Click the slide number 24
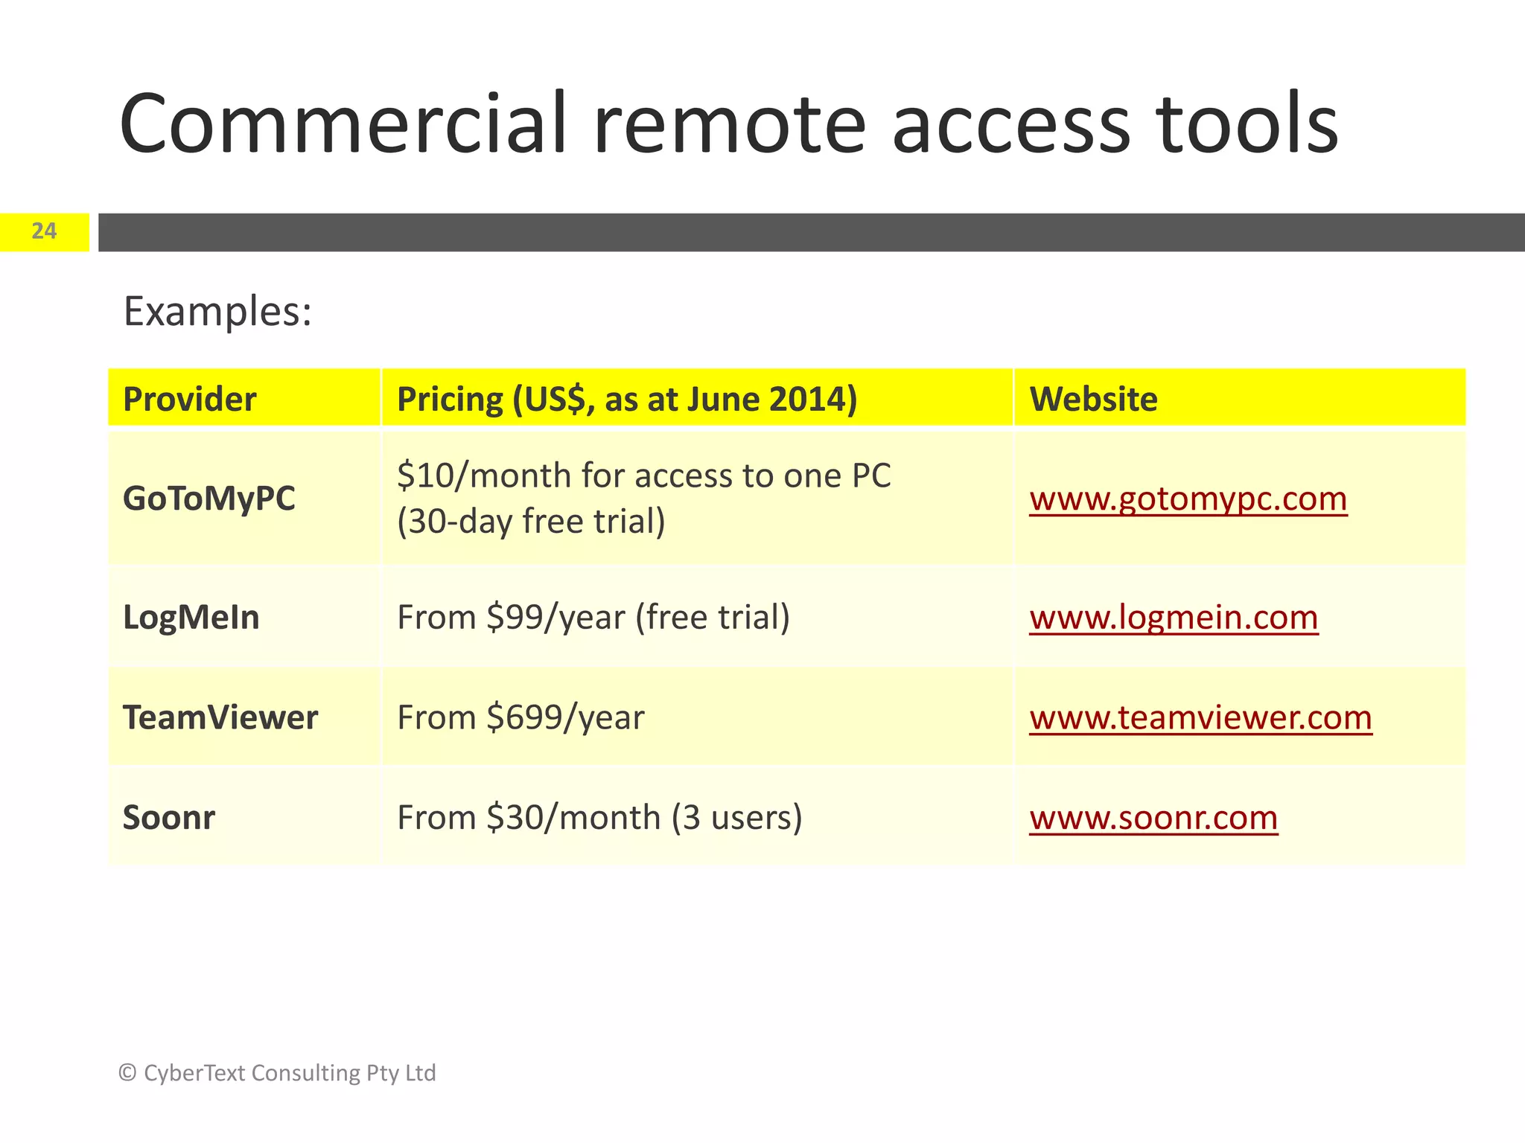click(44, 231)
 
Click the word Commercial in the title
click(343, 124)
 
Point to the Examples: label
click(217, 311)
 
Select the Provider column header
click(190, 400)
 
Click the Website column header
click(1093, 400)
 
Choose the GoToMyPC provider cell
click(209, 499)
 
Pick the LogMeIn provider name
click(191, 618)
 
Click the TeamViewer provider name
click(220, 718)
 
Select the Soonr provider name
click(169, 818)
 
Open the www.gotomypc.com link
click(1188, 499)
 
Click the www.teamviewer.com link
click(1200, 718)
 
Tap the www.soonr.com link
click(1153, 818)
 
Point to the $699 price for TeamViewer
click(524, 718)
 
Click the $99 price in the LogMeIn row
click(515, 618)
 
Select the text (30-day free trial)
click(531, 522)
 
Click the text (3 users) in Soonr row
click(736, 818)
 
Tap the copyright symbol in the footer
click(127, 1073)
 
